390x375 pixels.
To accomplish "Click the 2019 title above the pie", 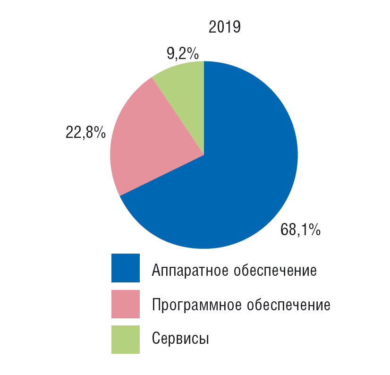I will pos(225,28).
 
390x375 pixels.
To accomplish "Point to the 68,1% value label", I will pos(300,230).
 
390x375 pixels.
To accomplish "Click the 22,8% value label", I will pos(85,133).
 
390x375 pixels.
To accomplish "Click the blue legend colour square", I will pos(126,268).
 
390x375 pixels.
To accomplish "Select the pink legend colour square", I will pos(126,304).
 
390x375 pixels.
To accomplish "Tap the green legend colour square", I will pos(126,340).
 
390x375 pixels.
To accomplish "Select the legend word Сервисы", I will pos(180,339).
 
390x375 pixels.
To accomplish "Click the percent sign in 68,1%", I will pos(315,230).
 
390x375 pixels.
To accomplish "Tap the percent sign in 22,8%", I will pos(99,133).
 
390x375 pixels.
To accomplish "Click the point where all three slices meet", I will pos(204,154).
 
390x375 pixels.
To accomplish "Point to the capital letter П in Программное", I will pos(157,305).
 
